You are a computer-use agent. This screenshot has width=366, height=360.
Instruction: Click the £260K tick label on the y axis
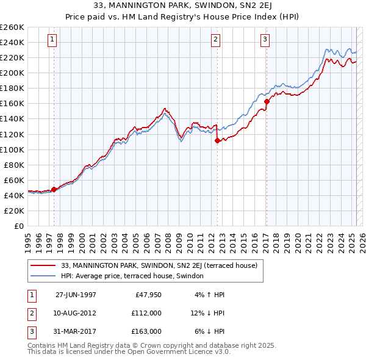tap(12, 27)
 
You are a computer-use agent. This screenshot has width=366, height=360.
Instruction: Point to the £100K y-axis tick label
tap(12, 149)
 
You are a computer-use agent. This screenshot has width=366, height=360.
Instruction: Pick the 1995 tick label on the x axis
tap(28, 239)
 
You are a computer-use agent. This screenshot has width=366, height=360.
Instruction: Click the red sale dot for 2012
tap(217, 140)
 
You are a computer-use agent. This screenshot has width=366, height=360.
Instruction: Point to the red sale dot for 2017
tap(267, 101)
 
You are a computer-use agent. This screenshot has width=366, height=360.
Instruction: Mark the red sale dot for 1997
tap(54, 189)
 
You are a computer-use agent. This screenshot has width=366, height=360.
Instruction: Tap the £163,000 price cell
tap(147, 331)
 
